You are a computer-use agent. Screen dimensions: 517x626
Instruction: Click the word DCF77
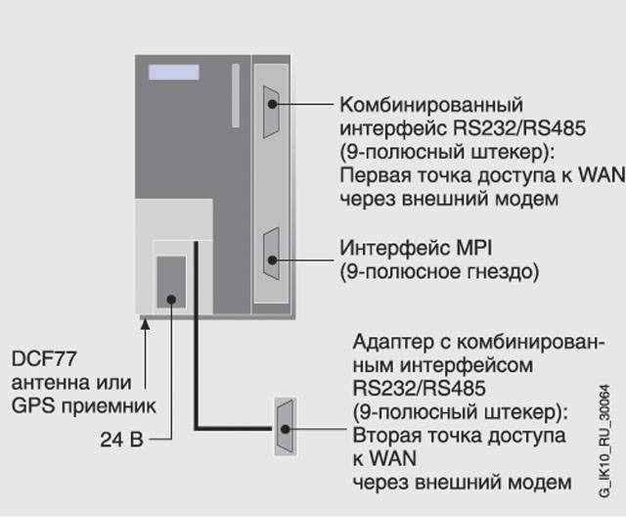tap(41, 358)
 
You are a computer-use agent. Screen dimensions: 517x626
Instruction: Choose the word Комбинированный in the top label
tap(430, 105)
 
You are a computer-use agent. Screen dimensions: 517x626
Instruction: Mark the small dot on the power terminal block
tap(171, 298)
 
